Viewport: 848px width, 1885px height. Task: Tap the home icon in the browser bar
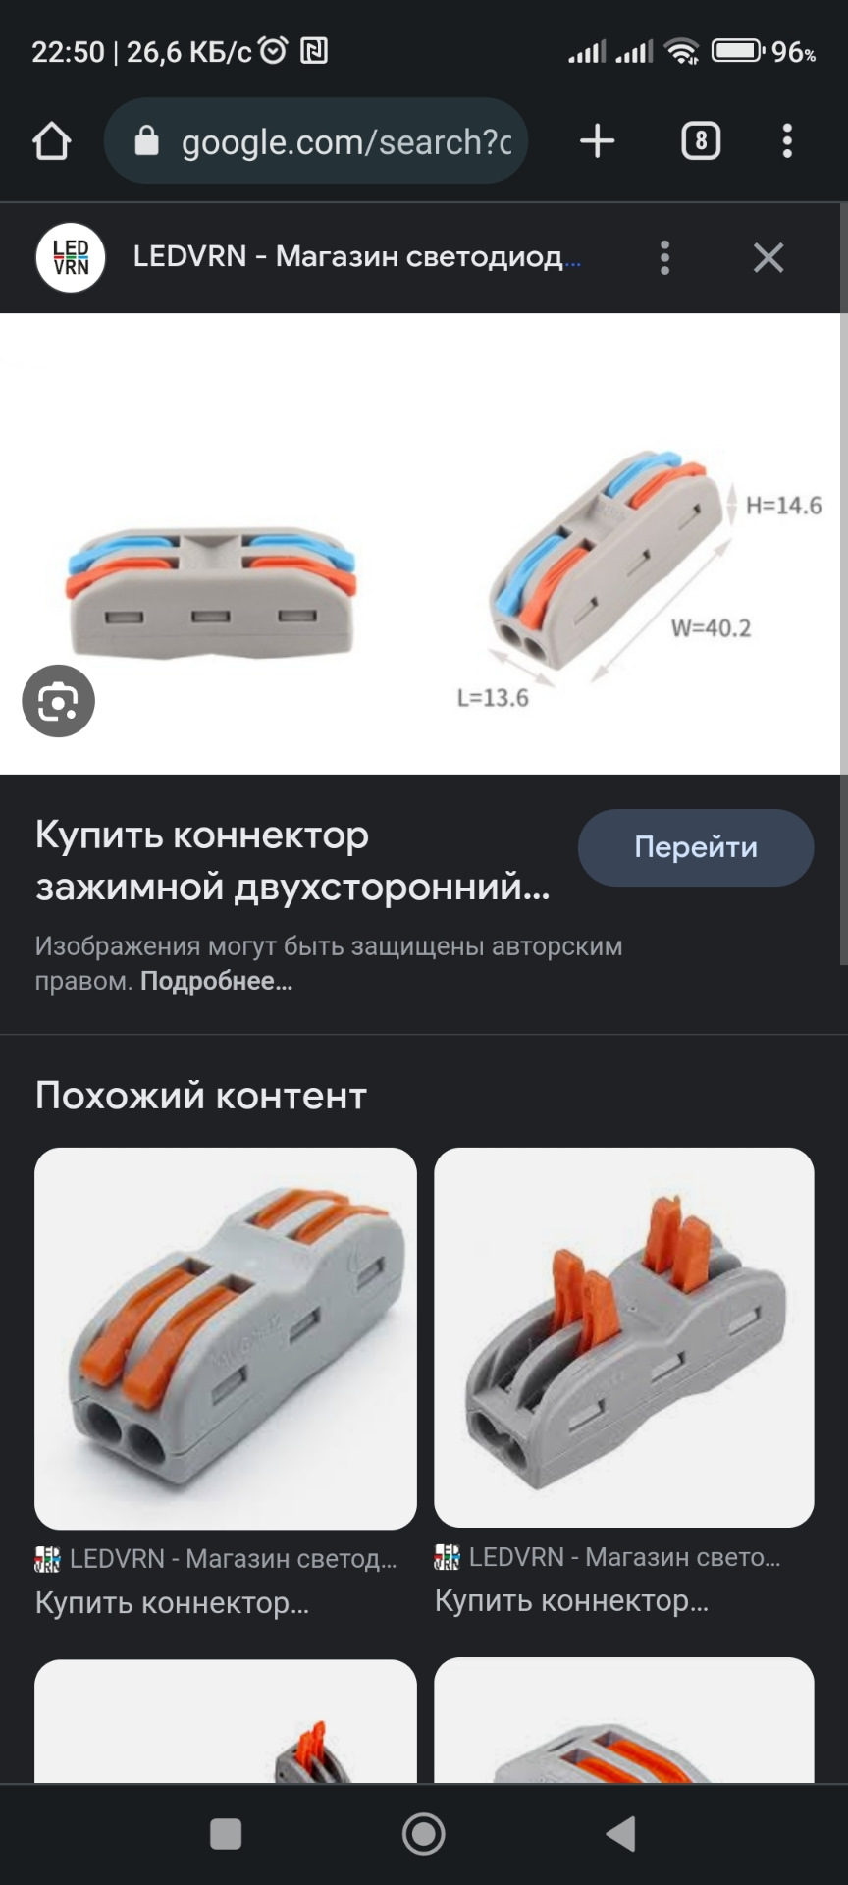(52, 141)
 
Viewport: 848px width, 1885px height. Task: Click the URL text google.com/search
(345, 142)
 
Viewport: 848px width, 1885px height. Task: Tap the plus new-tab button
(597, 141)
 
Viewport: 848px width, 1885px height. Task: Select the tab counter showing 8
(701, 141)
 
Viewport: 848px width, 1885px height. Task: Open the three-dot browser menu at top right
(787, 141)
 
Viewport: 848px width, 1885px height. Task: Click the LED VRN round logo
(71, 258)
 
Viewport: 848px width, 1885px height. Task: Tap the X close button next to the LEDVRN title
(768, 258)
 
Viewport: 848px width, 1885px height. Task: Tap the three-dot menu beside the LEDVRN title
(665, 258)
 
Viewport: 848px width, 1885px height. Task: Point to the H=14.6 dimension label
(783, 506)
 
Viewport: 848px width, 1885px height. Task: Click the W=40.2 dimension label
(711, 628)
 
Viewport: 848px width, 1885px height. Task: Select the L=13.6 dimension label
(493, 698)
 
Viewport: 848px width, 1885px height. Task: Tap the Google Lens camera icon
(59, 701)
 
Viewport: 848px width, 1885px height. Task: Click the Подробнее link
(216, 981)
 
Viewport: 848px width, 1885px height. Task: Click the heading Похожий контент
(201, 1096)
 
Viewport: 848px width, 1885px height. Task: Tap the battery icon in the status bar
(736, 51)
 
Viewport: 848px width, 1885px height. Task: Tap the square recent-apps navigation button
(226, 1833)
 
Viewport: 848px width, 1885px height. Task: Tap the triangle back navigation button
(620, 1833)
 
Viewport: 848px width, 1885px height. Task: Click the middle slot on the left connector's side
(211, 617)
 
